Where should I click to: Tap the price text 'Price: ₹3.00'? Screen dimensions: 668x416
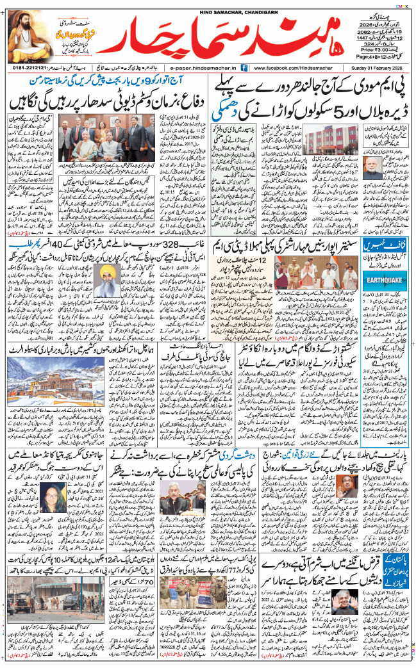[374, 48]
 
